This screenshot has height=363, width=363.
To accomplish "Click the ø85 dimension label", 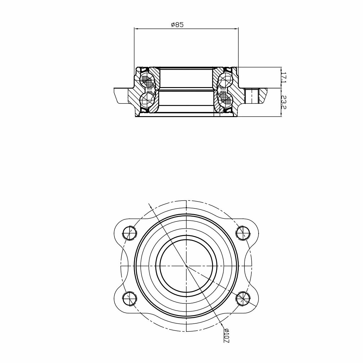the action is click(x=177, y=25).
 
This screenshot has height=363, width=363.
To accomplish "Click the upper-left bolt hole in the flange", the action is click(x=129, y=233).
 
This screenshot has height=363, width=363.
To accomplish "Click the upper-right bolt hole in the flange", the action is click(x=243, y=233).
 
